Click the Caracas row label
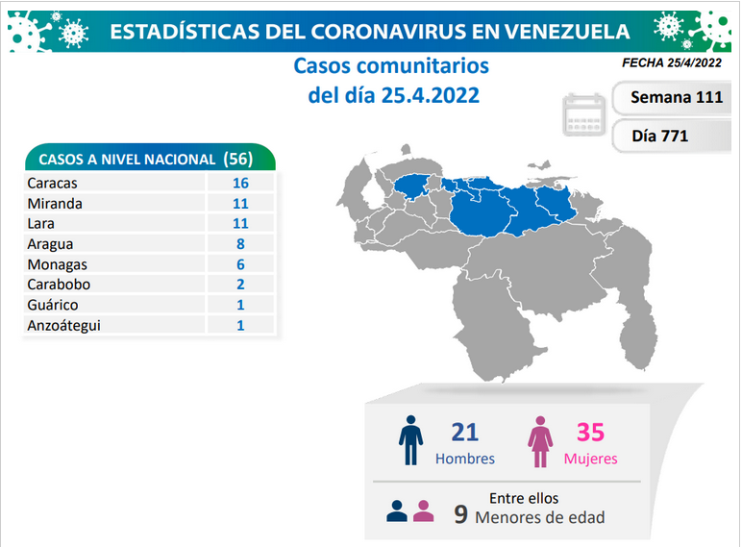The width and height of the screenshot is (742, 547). [52, 183]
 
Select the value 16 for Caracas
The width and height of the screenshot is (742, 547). [240, 183]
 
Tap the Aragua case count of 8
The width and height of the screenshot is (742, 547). [240, 243]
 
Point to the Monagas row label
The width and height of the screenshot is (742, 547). [58, 264]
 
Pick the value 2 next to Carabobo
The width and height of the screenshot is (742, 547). [240, 285]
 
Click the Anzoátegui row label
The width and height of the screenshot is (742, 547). [63, 326]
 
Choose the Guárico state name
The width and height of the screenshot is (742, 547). [53, 305]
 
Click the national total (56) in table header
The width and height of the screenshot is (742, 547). [238, 159]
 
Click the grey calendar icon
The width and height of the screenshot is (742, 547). [584, 115]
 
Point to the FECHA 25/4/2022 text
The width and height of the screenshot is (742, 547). [672, 62]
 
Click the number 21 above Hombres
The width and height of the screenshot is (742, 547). [464, 432]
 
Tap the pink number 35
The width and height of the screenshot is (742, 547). [590, 432]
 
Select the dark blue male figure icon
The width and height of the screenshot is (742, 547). [410, 440]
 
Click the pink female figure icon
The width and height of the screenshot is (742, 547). [540, 442]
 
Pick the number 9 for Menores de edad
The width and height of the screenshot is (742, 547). [461, 515]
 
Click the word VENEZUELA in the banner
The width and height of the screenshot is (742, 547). [567, 32]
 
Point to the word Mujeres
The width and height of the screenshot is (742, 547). [590, 459]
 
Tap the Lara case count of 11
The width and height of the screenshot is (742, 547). [240, 223]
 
